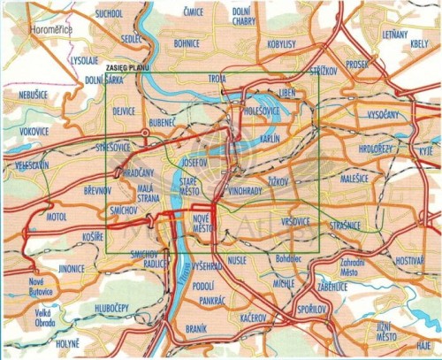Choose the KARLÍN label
(271, 140)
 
